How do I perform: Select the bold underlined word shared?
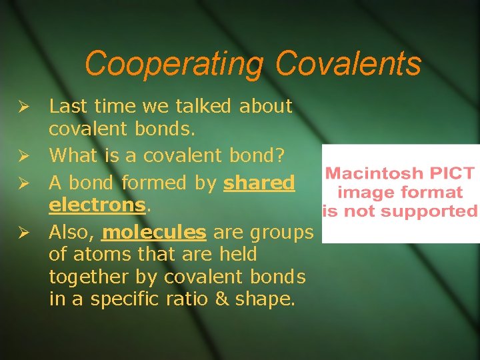pos(259,182)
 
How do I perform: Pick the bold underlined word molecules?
pos(155,231)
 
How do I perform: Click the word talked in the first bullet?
pos(203,106)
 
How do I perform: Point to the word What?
pos(74,156)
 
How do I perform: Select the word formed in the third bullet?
pos(146,182)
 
